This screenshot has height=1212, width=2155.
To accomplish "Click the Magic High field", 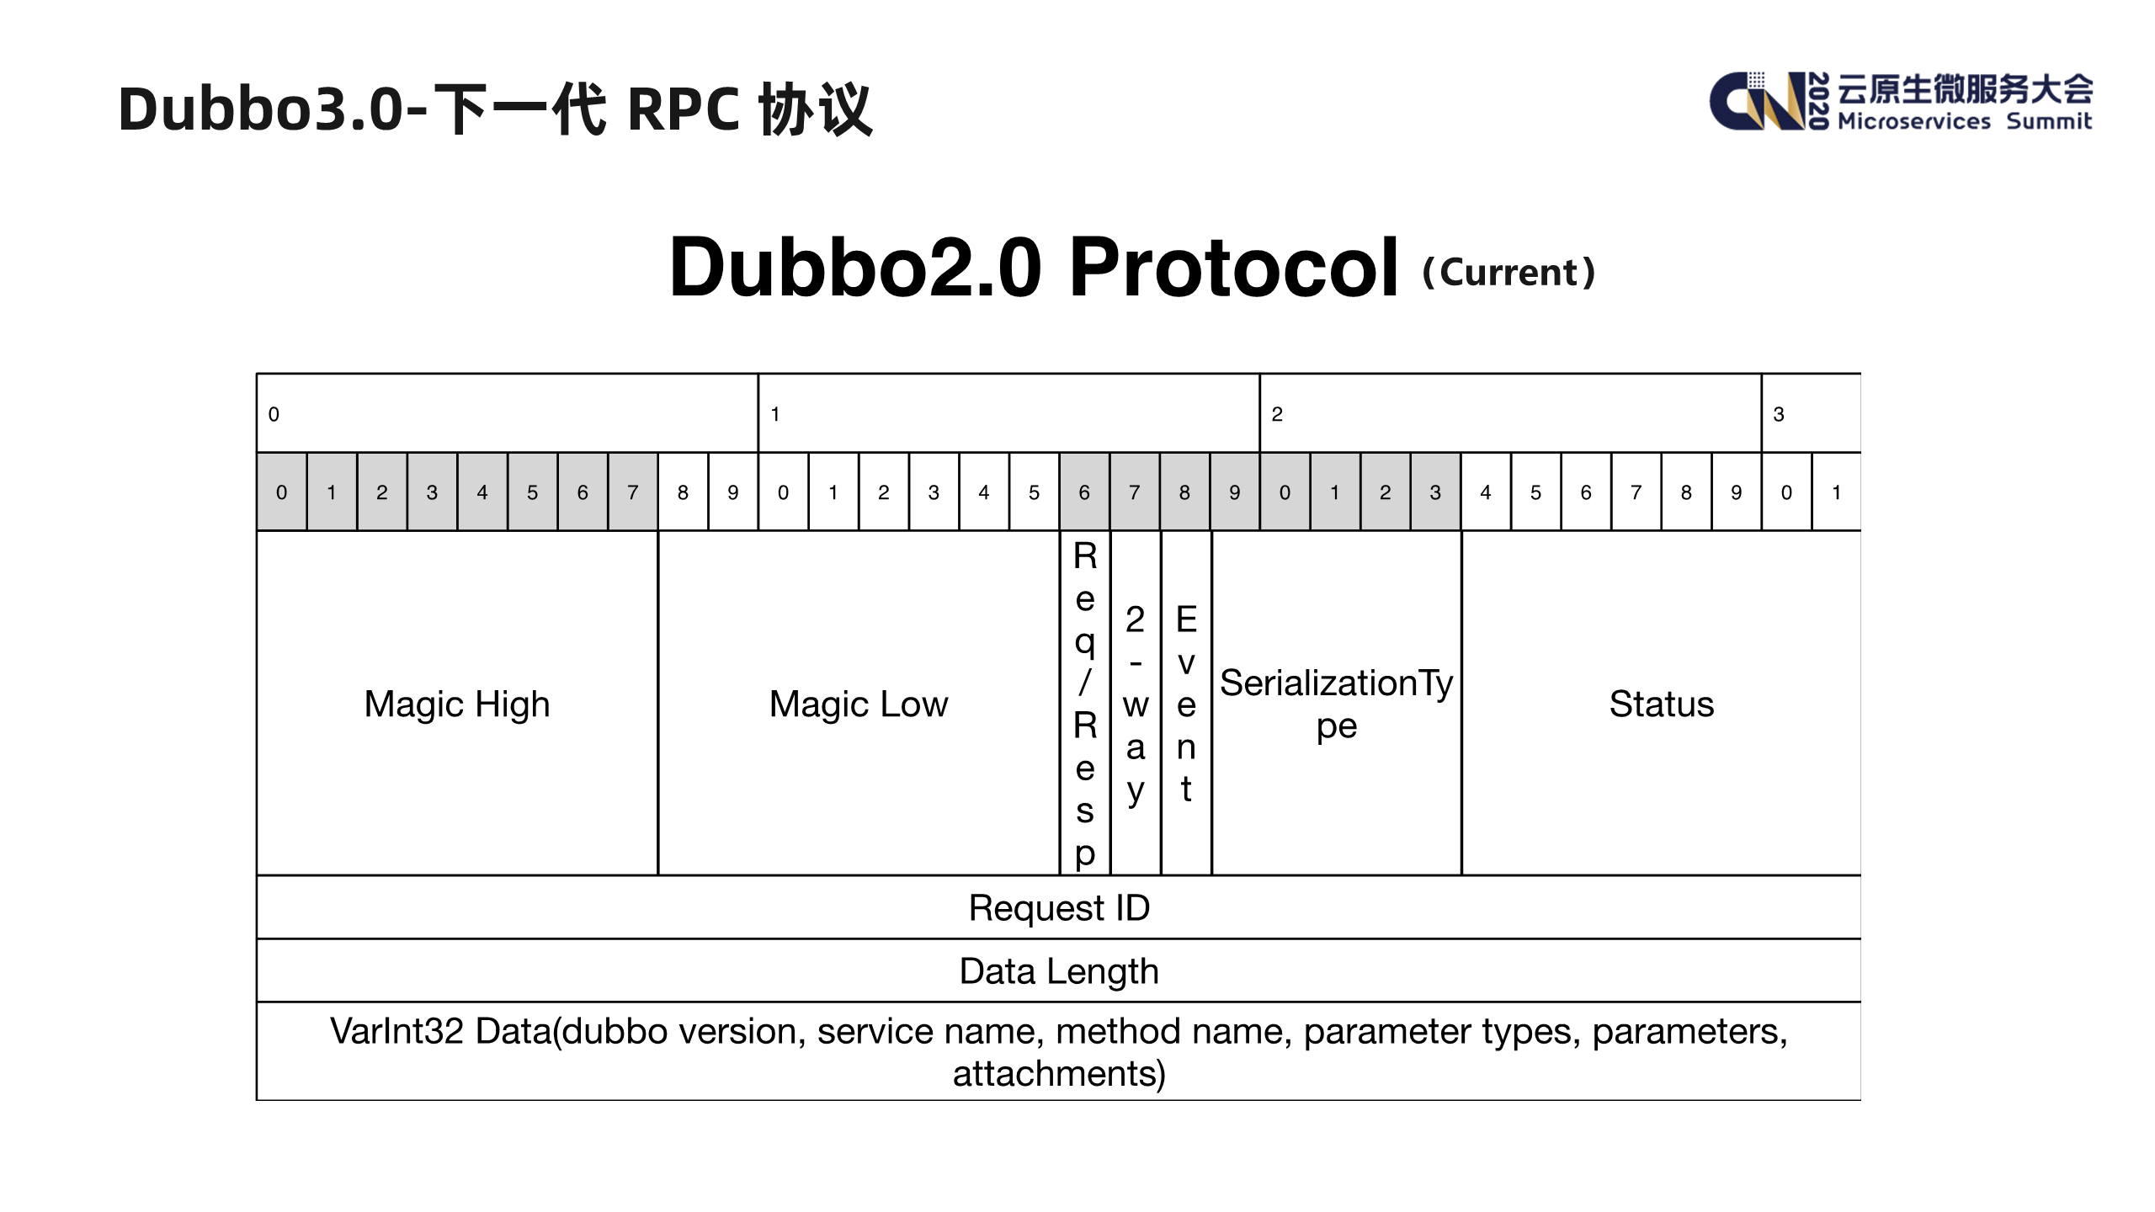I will [457, 704].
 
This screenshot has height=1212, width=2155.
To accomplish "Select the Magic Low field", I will [858, 704].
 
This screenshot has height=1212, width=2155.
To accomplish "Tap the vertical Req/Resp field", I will [1085, 704].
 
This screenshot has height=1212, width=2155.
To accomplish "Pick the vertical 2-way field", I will [1136, 704].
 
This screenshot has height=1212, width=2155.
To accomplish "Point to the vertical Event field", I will [1186, 704].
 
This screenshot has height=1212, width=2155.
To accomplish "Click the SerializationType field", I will [1336, 704].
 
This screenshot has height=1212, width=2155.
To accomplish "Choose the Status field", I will [1661, 704].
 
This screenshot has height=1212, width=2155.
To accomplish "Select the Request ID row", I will [1059, 907].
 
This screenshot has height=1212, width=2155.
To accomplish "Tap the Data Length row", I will [1059, 970].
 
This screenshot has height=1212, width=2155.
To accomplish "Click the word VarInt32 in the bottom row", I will [396, 1031].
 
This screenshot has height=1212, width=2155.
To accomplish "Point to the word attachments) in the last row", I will [1059, 1074].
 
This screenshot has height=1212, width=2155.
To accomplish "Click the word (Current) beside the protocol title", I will [1508, 272].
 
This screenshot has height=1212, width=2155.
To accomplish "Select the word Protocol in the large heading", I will [1233, 268].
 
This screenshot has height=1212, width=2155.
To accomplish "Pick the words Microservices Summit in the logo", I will [1964, 121].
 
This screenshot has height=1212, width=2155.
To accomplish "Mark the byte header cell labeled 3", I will [1811, 413].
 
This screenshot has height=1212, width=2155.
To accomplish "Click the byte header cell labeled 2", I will [1510, 413].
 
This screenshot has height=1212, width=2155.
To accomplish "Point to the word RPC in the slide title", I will [683, 109].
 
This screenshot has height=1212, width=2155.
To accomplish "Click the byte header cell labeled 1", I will [1008, 413].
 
